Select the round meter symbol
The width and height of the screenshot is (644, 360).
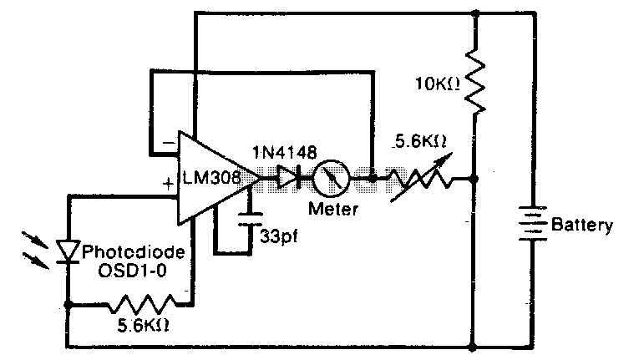(x=331, y=179)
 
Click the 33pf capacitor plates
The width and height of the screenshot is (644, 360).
(x=250, y=219)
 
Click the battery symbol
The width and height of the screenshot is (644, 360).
(x=533, y=223)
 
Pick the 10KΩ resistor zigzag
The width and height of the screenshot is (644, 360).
(x=474, y=81)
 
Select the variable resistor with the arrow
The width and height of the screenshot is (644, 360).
(x=421, y=178)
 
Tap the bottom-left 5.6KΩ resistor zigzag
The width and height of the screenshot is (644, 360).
(x=143, y=304)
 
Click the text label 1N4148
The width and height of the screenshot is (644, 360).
(x=285, y=153)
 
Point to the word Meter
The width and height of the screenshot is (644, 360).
(x=333, y=209)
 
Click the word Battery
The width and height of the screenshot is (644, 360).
(x=582, y=225)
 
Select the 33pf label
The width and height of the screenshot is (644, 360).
(x=279, y=236)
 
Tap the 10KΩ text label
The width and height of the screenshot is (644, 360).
(x=438, y=84)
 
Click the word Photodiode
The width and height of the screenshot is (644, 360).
(x=134, y=251)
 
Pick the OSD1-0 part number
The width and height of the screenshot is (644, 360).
(x=132, y=271)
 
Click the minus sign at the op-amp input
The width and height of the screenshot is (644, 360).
(x=169, y=143)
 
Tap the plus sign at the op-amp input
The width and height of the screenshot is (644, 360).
(x=168, y=184)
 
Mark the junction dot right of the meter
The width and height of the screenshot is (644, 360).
(x=372, y=178)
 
